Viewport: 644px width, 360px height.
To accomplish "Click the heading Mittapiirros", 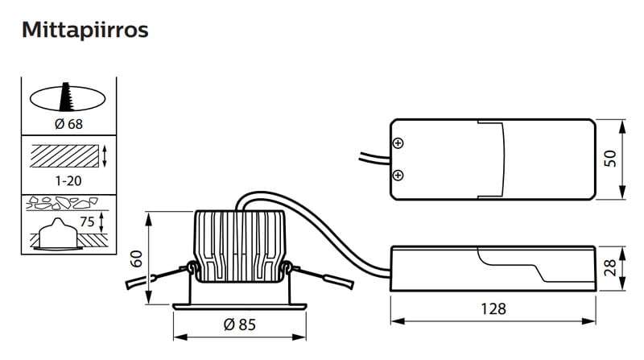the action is click(x=85, y=30).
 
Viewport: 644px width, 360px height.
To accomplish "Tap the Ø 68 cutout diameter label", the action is click(x=68, y=124).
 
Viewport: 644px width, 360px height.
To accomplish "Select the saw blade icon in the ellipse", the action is click(x=66, y=97).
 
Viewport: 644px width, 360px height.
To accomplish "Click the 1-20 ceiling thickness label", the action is click(x=68, y=180).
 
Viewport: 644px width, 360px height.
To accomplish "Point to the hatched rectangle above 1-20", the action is click(x=64, y=156).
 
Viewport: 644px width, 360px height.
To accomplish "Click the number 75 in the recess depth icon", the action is click(x=87, y=222).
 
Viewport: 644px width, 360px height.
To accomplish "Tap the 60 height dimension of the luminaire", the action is click(x=136, y=259).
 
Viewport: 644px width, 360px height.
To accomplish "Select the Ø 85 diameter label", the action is click(x=239, y=325).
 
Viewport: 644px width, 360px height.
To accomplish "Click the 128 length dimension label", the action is click(x=493, y=308).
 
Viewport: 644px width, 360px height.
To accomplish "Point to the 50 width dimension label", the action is click(x=610, y=159).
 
